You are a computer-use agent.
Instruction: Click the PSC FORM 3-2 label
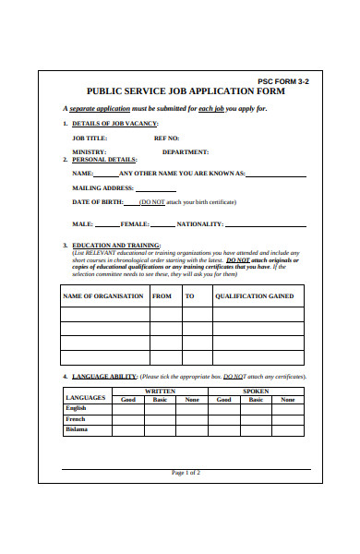pyautogui.click(x=283, y=81)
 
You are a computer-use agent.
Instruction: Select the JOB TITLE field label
pyautogui.click(x=90, y=138)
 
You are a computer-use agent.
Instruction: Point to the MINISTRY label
pyautogui.click(x=89, y=151)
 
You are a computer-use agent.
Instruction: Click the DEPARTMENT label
pyautogui.click(x=185, y=151)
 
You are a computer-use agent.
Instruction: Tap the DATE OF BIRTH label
pyautogui.click(x=100, y=201)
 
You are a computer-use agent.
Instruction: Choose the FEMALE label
pyautogui.click(x=135, y=224)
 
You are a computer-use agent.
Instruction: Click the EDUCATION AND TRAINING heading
pyautogui.click(x=115, y=246)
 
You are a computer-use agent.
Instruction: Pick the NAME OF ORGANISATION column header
pyautogui.click(x=102, y=296)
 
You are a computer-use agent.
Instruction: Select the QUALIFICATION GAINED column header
pyautogui.click(x=254, y=296)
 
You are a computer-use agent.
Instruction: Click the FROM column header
pyautogui.click(x=162, y=296)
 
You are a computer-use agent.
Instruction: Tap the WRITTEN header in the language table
pyautogui.click(x=160, y=391)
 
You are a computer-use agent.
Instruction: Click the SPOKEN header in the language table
pyautogui.click(x=256, y=391)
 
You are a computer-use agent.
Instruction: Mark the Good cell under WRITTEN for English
pyautogui.click(x=127, y=408)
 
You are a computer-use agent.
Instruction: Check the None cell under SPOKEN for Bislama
pyautogui.click(x=287, y=430)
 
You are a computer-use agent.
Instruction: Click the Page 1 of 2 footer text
pyautogui.click(x=186, y=473)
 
